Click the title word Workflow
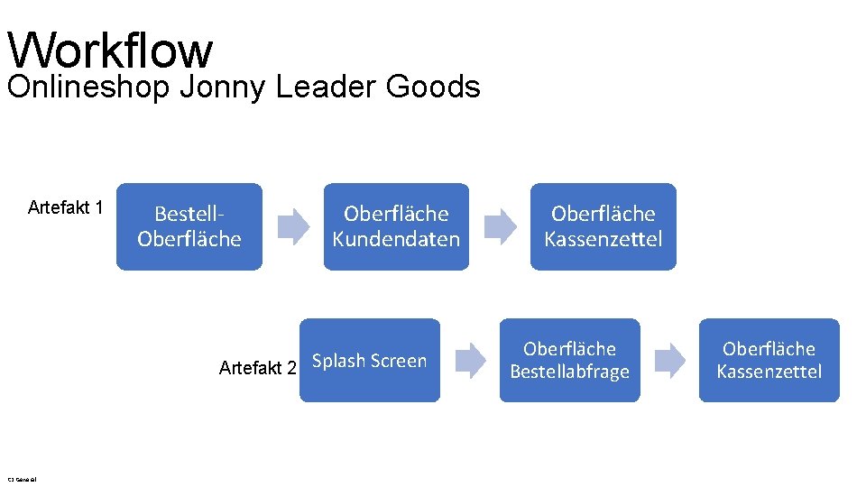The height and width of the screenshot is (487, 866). [109, 51]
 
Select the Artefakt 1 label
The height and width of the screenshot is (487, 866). [66, 208]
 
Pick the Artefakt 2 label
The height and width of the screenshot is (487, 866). [257, 368]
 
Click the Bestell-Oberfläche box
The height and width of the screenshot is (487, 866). [189, 226]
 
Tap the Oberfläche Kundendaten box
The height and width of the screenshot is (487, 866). [396, 226]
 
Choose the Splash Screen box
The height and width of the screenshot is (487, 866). [370, 361]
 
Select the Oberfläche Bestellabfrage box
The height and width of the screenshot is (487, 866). [569, 361]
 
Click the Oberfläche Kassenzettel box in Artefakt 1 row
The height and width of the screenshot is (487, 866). [603, 226]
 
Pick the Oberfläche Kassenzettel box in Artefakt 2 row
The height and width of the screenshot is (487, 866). [769, 361]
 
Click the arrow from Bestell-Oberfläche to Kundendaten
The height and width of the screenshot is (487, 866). [292, 226]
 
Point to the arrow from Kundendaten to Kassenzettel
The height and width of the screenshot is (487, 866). [501, 226]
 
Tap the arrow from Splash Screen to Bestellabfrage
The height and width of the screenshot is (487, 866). [470, 361]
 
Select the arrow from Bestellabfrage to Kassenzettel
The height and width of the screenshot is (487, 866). [669, 361]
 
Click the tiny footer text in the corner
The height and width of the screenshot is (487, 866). [20, 478]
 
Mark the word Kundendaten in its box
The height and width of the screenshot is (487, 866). [396, 239]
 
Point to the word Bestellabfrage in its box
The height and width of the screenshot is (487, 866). [569, 372]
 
